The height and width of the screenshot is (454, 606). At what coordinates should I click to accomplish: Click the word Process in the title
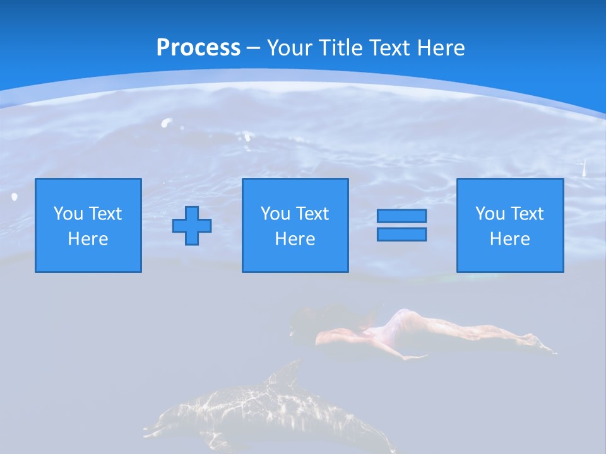tap(198, 48)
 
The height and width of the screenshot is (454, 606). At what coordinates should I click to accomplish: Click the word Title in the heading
tap(342, 48)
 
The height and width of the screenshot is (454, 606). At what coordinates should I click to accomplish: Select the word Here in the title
tap(439, 48)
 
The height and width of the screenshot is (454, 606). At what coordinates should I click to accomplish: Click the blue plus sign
tap(192, 226)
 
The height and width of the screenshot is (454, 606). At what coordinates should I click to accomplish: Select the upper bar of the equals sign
tap(401, 216)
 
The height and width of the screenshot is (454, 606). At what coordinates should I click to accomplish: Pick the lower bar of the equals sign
tap(401, 234)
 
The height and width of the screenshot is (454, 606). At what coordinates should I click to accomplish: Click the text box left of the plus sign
tap(88, 225)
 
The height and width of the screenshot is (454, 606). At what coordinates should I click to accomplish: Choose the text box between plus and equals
tap(295, 225)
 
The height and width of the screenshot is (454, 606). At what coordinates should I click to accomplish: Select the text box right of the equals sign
tap(509, 225)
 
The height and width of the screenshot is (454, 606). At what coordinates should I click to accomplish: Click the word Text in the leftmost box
tap(104, 214)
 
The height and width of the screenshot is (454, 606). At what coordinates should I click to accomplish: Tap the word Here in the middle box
tap(295, 239)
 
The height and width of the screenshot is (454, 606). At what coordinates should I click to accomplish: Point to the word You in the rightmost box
tap(490, 214)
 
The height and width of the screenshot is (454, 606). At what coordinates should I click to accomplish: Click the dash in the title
tap(253, 48)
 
